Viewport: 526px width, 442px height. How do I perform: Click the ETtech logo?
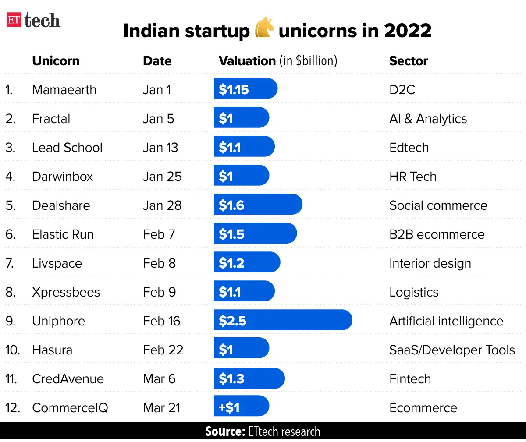[33, 20]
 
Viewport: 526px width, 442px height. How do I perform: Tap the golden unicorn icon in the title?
[264, 28]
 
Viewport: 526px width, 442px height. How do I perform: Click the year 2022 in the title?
[407, 31]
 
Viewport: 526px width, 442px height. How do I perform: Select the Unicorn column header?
[56, 61]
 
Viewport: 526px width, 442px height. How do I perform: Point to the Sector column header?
[408, 61]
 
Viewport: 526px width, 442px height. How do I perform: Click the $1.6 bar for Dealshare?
[258, 205]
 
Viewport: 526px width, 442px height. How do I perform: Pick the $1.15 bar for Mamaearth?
[245, 89]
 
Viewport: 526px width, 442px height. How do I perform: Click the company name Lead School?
[67, 148]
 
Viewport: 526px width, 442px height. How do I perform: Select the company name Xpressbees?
[66, 292]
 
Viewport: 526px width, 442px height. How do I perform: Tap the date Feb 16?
[161, 321]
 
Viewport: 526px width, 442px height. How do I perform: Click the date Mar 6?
[159, 379]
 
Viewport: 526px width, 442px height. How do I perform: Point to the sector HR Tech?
[412, 177]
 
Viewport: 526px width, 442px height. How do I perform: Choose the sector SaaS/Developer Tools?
[452, 350]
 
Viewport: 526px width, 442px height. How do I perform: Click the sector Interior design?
[430, 263]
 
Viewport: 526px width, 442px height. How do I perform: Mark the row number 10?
[12, 350]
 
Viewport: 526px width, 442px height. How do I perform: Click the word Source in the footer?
[224, 431]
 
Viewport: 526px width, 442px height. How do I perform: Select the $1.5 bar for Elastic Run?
[255, 233]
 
